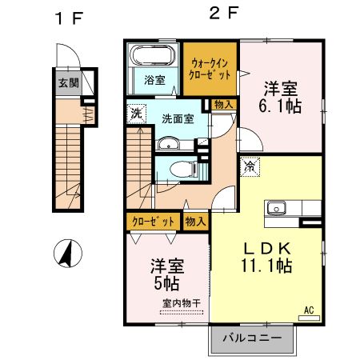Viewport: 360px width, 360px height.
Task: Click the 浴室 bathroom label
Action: click(x=154, y=80)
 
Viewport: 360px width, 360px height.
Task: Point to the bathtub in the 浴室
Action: click(x=152, y=58)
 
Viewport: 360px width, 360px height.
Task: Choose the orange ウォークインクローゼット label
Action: click(x=210, y=67)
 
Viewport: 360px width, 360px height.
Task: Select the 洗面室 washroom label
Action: click(x=178, y=119)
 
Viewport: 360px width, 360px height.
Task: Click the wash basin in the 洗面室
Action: click(x=169, y=145)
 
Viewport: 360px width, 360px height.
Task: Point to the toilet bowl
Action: click(x=175, y=169)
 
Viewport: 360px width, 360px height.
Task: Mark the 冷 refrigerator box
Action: click(x=250, y=168)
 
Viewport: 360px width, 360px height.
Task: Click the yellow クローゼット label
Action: click(x=152, y=222)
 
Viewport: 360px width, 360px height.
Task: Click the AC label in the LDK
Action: click(x=308, y=310)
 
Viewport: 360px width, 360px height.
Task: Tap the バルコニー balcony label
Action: click(x=258, y=338)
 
